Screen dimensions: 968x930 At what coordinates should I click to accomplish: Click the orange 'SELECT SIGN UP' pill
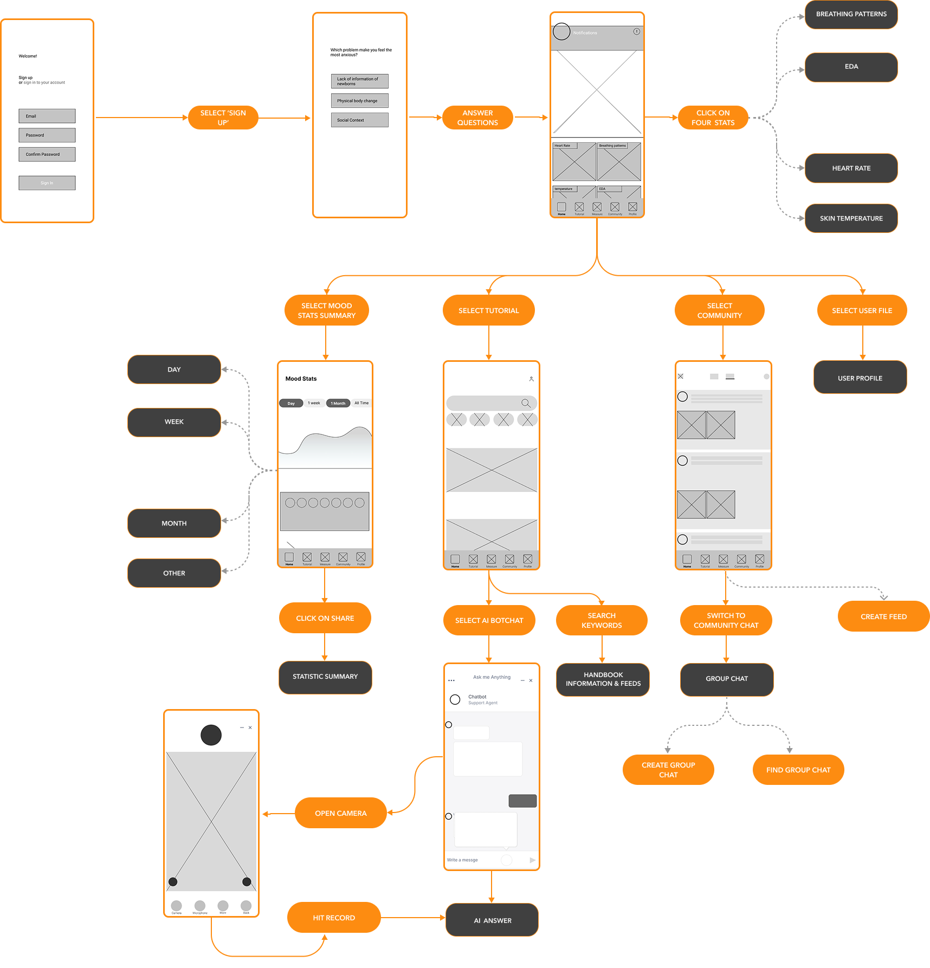pos(223,118)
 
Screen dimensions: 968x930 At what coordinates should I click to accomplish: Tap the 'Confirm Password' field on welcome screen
pos(47,154)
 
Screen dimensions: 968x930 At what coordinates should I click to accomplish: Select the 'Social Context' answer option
pos(359,120)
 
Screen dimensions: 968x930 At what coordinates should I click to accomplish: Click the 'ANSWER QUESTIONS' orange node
pos(477,118)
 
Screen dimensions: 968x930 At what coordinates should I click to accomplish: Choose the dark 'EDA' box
pos(851,67)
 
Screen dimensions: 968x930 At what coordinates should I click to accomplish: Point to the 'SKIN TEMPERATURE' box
pos(851,218)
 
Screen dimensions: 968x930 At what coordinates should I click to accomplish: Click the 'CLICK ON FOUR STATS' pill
pos(713,118)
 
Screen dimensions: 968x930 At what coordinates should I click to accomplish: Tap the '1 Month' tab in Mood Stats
pos(338,403)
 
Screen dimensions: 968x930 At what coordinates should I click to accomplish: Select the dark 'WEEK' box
pos(174,422)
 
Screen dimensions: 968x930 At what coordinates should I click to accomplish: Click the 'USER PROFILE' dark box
pos(860,378)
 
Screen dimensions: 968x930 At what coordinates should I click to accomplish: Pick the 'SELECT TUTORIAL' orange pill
pos(488,310)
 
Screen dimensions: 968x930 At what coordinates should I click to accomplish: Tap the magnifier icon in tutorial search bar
pos(526,403)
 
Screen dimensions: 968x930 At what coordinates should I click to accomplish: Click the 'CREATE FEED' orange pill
pos(883,616)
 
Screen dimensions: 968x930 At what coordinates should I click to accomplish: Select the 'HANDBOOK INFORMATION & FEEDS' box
pos(603,679)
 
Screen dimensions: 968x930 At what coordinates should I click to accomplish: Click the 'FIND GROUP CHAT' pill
pos(798,770)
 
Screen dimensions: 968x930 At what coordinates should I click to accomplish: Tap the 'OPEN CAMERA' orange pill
pos(340,813)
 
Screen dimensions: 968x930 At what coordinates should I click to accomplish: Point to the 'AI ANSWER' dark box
pos(492,920)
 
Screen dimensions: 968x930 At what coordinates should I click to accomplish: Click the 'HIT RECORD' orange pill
pos(333,918)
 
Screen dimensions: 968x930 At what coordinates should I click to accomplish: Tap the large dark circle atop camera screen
pos(211,735)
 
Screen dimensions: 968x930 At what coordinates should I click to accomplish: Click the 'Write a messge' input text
pos(463,860)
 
